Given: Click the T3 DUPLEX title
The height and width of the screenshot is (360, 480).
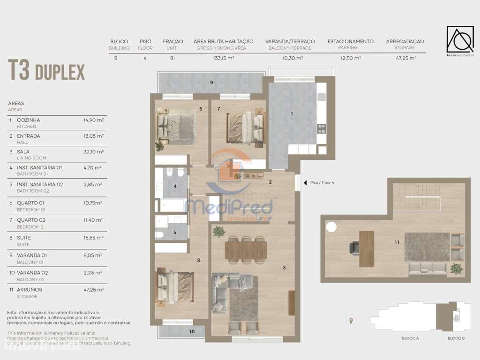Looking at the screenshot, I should [46, 71].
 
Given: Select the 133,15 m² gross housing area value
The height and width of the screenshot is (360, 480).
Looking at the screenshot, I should [223, 59].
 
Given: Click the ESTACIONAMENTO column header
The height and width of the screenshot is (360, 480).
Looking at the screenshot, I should [350, 41].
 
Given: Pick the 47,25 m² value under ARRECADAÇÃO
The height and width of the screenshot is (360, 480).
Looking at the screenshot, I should [405, 59].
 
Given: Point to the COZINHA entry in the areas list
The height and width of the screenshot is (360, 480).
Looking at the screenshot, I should [29, 120].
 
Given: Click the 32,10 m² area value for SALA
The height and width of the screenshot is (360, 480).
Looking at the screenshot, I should [93, 152].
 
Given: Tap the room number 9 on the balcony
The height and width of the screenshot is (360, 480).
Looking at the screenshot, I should [211, 82].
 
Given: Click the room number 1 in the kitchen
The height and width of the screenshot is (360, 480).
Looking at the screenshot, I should [292, 113].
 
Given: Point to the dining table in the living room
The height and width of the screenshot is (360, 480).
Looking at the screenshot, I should [246, 249].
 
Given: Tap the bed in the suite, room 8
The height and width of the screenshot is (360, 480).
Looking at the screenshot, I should [175, 286].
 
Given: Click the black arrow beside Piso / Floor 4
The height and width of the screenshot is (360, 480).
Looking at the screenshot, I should [305, 183].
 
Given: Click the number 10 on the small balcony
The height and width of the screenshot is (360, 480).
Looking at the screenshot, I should [192, 332].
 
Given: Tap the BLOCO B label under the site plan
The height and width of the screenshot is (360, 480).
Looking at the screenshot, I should [456, 338].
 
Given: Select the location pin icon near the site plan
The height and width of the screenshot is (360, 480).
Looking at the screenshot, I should [351, 321].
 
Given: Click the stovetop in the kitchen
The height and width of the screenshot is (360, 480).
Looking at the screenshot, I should [321, 128].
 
